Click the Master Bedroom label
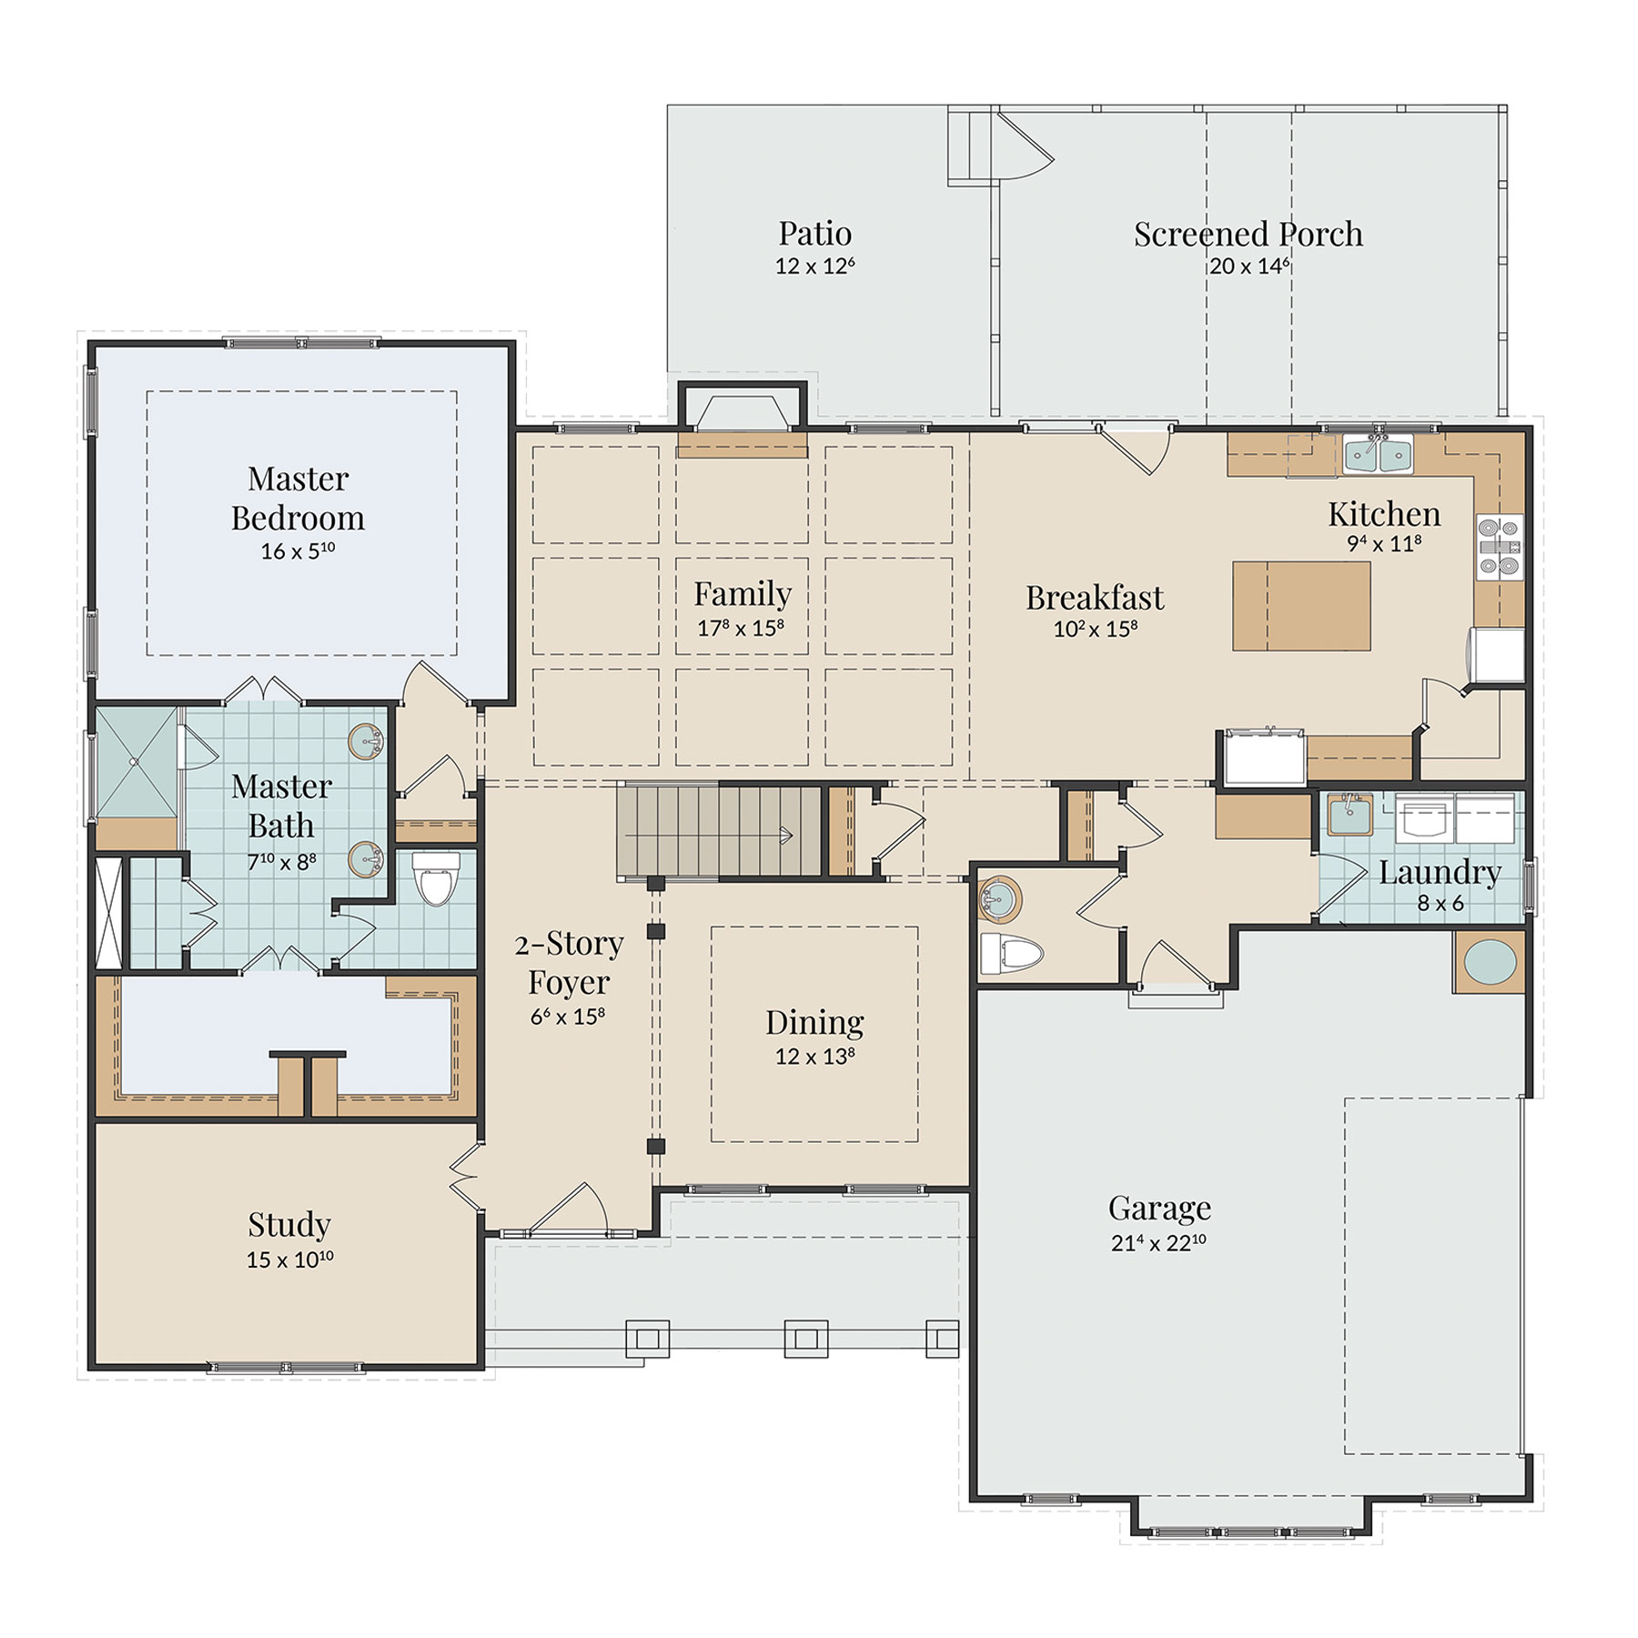coord(298,498)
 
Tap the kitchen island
coord(1301,606)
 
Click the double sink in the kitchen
coord(1378,453)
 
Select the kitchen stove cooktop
coord(1499,547)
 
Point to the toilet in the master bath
coord(436,877)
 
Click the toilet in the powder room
coord(1011,954)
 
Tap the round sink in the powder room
coord(998,900)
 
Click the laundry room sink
coord(1350,814)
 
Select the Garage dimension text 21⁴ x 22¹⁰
coord(1158,1243)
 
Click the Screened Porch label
coord(1248,234)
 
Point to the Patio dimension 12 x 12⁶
coord(814,266)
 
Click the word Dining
coord(814,1022)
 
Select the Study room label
coord(289,1225)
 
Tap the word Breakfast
coord(1095,598)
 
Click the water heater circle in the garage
coord(1490,962)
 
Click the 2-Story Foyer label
coord(570,963)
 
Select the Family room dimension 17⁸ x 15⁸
coord(741,628)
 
